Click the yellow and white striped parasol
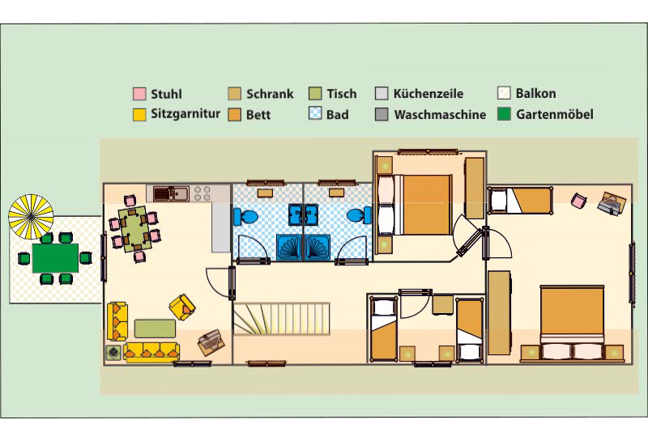coord(31,217)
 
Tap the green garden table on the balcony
coord(55,258)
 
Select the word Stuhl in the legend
coord(166,94)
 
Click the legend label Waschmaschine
coord(440,114)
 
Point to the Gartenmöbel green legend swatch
coord(504,114)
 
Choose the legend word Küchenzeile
coord(428,94)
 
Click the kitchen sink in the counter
coord(172,193)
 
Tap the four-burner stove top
coord(202,193)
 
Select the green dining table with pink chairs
coord(134,229)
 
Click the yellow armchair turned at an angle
coord(181,307)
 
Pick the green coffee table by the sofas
coord(155,329)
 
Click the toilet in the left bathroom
coord(245,216)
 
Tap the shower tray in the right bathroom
coord(318,248)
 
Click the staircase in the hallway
coord(281,319)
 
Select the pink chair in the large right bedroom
coord(578,201)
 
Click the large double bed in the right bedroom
coord(573,322)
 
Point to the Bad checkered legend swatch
coord(315,113)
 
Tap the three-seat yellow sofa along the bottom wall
coord(151,352)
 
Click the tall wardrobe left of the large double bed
coord(499,312)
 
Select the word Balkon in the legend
coord(535,93)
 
